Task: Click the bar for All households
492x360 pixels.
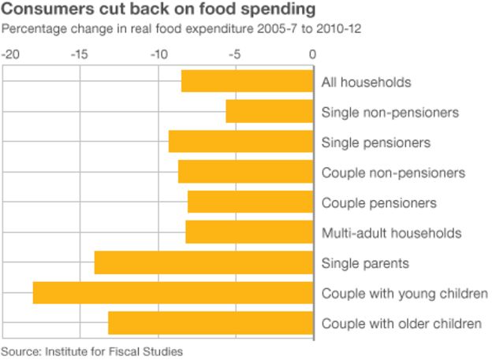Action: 247,82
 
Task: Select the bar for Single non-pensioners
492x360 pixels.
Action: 269,112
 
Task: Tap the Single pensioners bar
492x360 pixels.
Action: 240,142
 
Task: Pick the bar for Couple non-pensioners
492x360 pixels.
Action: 245,172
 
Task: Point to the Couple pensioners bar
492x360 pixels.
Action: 250,202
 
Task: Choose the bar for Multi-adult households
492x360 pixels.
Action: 249,232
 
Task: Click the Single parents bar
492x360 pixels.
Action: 203,262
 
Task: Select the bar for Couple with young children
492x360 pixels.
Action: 173,292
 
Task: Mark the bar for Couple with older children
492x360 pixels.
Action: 211,323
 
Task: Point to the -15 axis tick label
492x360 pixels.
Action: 79,55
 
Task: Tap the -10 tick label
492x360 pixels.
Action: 157,55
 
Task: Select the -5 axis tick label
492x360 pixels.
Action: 234,55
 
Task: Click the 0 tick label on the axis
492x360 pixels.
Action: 312,55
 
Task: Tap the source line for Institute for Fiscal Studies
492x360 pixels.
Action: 91,351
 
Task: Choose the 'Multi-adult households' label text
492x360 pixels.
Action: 391,233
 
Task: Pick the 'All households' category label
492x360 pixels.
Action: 366,83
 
